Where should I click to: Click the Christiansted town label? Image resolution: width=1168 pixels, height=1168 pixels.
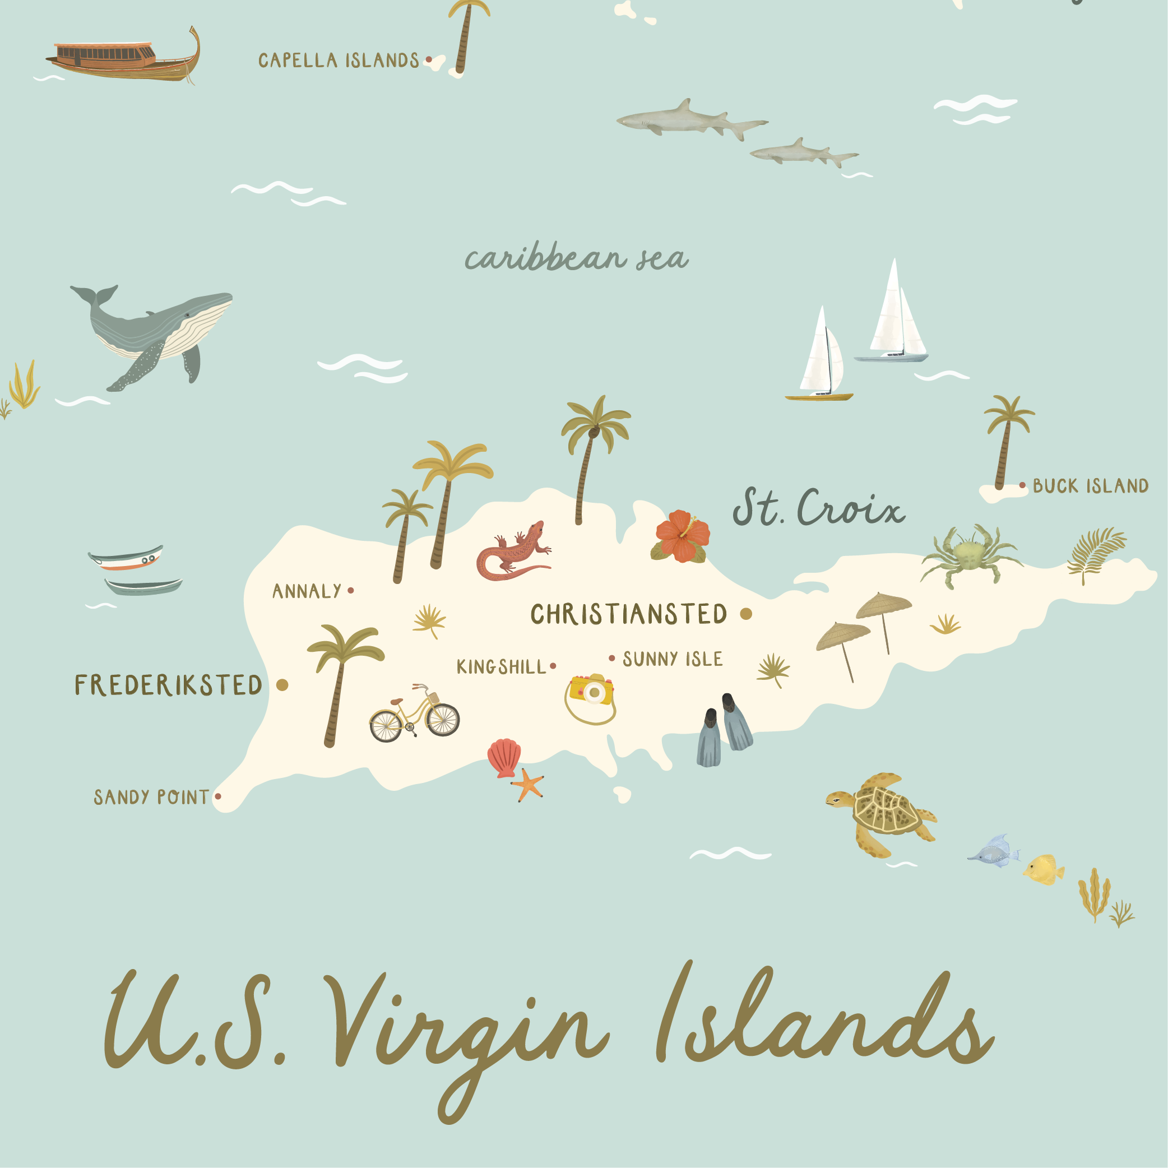coord(628,614)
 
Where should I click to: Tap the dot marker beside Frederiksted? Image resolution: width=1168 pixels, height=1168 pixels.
coord(282,685)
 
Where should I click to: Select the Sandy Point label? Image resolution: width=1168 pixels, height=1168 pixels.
coord(151,798)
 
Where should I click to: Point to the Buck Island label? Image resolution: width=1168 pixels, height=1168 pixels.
coord(1090,486)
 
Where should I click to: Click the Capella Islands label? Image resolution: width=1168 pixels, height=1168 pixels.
coord(339,61)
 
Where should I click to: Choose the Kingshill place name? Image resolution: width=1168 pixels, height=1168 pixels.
coord(501,667)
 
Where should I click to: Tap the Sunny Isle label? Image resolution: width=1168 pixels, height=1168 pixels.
coord(672,659)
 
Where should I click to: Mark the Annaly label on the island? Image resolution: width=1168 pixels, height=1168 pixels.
coord(307,591)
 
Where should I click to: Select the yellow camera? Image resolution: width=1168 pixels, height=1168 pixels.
coord(591,690)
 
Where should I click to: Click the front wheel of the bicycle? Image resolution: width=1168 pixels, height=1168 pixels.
coord(443,720)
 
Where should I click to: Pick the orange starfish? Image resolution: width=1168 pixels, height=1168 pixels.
coord(529,785)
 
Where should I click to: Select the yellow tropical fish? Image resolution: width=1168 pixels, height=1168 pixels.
coord(1044,870)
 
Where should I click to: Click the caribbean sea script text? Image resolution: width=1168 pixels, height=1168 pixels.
coord(576,259)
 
